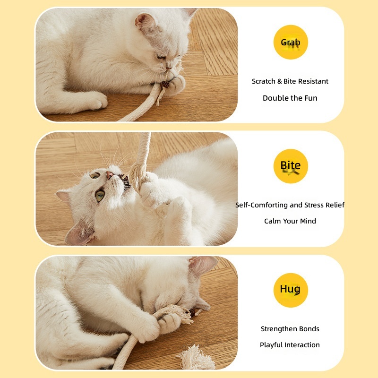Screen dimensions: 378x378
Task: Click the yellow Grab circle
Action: (x=291, y=42)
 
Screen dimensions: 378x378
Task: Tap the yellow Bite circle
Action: (x=291, y=166)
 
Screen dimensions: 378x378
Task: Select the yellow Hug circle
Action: (x=291, y=290)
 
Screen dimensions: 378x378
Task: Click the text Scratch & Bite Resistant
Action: (x=290, y=81)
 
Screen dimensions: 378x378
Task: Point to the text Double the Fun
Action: (x=290, y=98)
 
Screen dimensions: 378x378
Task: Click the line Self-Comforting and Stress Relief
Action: (x=290, y=205)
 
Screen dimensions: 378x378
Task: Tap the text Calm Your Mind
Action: (x=290, y=221)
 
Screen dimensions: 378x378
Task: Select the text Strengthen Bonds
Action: (x=290, y=329)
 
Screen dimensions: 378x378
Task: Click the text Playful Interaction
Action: (x=290, y=345)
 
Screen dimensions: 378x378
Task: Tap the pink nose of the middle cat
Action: (x=110, y=174)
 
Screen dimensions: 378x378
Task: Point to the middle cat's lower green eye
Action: (x=100, y=195)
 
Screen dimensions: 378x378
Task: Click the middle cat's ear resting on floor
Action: (x=79, y=232)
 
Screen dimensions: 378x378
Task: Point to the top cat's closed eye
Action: (x=161, y=57)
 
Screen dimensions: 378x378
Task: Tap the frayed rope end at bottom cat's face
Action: (x=179, y=313)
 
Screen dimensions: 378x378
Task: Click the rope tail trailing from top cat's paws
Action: (x=142, y=106)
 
